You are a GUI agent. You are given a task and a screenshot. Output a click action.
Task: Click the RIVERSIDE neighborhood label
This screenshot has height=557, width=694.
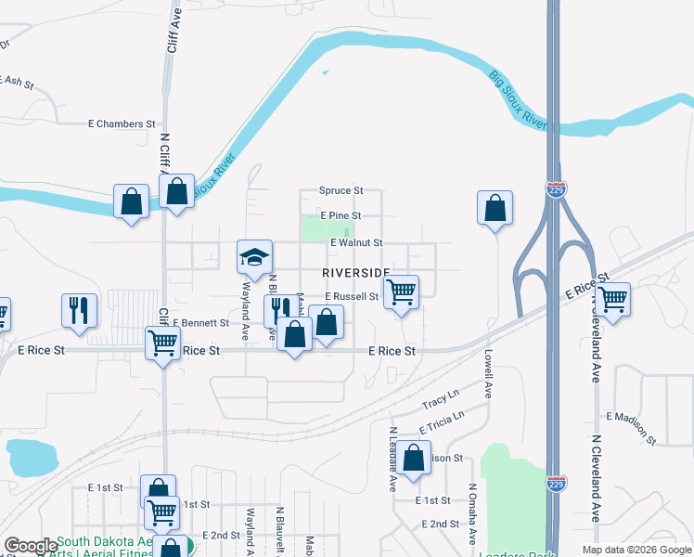(356, 272)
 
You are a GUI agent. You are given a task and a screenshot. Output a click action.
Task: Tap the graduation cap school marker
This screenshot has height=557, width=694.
(254, 258)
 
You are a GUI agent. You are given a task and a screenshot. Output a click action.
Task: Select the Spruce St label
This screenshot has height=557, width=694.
(341, 190)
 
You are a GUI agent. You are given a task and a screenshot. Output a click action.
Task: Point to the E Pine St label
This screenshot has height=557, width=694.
(340, 215)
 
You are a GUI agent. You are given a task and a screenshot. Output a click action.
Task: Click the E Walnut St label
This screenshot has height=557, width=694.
(356, 243)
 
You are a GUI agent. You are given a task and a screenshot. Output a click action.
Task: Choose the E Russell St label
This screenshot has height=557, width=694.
(352, 297)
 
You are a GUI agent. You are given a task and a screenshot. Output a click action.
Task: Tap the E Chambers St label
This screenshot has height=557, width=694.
(122, 123)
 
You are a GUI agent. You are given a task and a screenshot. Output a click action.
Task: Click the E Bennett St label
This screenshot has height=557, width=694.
(200, 323)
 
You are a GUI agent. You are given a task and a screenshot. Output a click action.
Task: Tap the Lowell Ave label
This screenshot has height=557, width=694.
(487, 372)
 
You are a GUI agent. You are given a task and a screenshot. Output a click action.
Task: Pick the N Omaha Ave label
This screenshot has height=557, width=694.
(472, 513)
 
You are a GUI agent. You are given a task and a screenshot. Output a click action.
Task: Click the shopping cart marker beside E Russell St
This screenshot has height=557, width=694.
(401, 292)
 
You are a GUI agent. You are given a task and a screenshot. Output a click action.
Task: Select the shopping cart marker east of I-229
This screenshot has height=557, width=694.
(612, 300)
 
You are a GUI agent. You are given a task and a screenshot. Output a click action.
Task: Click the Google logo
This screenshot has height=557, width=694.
(31, 546)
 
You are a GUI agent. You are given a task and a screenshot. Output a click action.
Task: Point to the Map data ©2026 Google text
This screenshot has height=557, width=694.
(636, 550)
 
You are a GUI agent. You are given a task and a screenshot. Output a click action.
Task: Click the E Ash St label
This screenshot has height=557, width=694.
(17, 82)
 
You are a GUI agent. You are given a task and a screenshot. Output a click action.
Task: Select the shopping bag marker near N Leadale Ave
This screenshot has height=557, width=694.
(415, 458)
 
